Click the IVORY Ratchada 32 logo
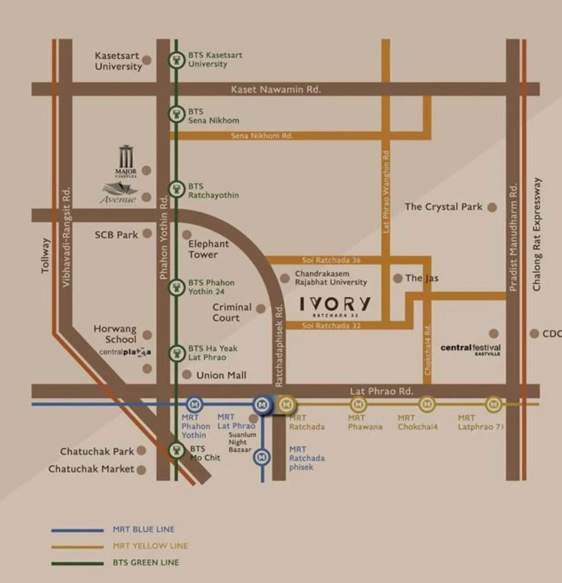(335, 305)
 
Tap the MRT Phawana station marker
(358, 404)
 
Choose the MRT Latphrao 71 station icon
(494, 404)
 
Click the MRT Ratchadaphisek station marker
(262, 458)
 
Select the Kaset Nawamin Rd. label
(275, 89)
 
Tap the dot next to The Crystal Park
(492, 207)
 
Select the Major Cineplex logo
(126, 163)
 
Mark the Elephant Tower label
(208, 250)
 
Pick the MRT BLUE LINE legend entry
(143, 530)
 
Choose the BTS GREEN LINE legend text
(146, 563)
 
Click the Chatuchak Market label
(91, 469)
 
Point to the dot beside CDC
(534, 333)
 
